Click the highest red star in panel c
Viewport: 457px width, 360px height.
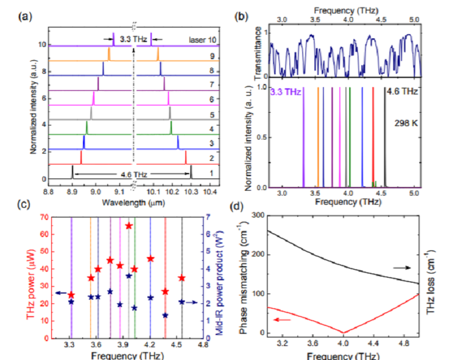click(x=129, y=226)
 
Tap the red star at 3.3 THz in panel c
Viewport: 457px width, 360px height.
click(x=71, y=295)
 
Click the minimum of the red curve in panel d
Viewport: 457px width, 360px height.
click(x=344, y=333)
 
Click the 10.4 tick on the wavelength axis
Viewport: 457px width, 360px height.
click(x=210, y=191)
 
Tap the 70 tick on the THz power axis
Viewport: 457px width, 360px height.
click(x=46, y=217)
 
